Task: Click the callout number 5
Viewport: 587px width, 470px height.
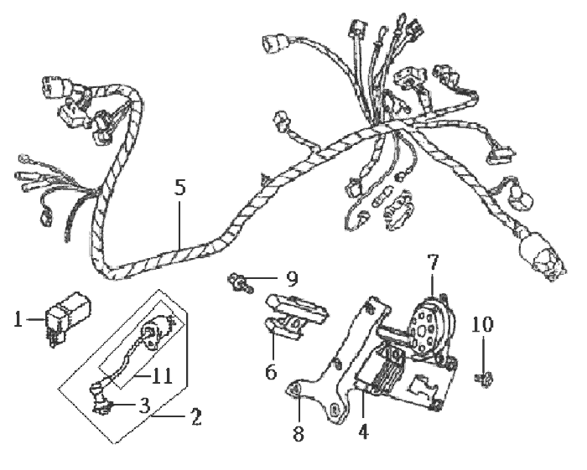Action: [180, 188]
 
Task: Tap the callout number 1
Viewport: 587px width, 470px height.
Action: [18, 320]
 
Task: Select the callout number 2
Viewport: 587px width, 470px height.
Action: [196, 417]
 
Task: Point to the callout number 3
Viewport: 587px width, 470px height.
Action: [144, 405]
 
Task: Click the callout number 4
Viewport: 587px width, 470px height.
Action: [363, 431]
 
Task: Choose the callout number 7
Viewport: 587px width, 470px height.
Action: [433, 262]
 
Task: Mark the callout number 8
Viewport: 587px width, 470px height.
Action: [299, 434]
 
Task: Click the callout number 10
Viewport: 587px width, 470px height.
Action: [482, 324]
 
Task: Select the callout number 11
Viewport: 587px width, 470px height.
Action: [162, 376]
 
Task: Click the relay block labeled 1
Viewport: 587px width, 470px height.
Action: [68, 317]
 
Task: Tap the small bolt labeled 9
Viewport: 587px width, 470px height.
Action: [241, 282]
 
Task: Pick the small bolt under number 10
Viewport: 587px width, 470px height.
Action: [486, 380]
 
